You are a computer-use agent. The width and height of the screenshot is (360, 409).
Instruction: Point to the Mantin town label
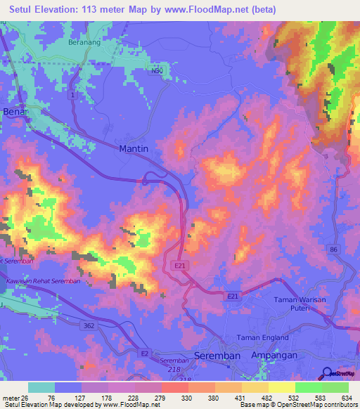click(x=134, y=148)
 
